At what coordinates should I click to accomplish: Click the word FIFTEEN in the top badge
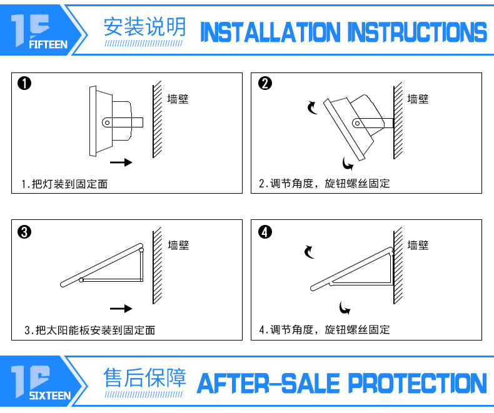pos(48,45)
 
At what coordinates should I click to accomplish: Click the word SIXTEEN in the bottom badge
pos(49,396)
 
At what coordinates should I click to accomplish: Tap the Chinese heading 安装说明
pos(144,27)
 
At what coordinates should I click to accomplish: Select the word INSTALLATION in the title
pos(271,32)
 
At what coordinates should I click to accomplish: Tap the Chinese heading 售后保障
pos(144,378)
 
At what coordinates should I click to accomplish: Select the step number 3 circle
pos(24,232)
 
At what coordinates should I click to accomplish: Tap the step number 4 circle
pos(265,232)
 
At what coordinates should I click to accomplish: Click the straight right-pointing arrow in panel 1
pos(121,162)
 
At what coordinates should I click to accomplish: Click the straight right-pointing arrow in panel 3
pos(121,309)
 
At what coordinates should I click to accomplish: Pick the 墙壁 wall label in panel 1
pos(178,99)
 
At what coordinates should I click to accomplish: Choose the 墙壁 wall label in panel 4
pos(418,246)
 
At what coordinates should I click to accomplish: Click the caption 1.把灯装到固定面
pos(68,184)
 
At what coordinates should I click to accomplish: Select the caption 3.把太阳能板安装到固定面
pos(89,330)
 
